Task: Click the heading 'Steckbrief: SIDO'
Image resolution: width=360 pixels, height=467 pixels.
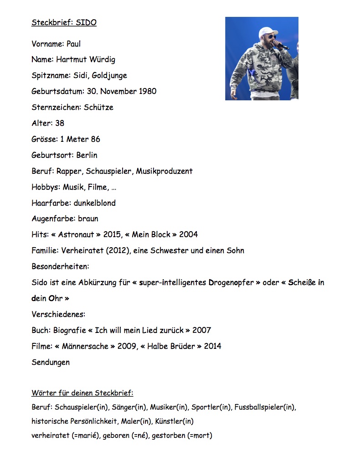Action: pos(64,22)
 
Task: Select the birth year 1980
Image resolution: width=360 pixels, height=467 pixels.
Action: pos(147,91)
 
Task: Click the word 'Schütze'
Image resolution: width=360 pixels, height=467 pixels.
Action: pos(98,107)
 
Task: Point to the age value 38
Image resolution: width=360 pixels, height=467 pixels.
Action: pos(60,123)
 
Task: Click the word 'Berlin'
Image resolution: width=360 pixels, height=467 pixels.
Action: pos(87,155)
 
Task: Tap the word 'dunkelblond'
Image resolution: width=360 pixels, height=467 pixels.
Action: pos(95,203)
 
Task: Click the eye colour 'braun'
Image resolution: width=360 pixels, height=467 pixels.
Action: pos(88,219)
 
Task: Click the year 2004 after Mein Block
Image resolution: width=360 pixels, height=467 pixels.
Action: pos(189,234)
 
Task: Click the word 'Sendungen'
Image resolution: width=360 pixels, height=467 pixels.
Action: pos(51,362)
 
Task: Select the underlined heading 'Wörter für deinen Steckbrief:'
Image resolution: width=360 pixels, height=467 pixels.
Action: pos(82,393)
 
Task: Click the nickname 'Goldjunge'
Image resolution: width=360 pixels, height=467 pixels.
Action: pos(109,75)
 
